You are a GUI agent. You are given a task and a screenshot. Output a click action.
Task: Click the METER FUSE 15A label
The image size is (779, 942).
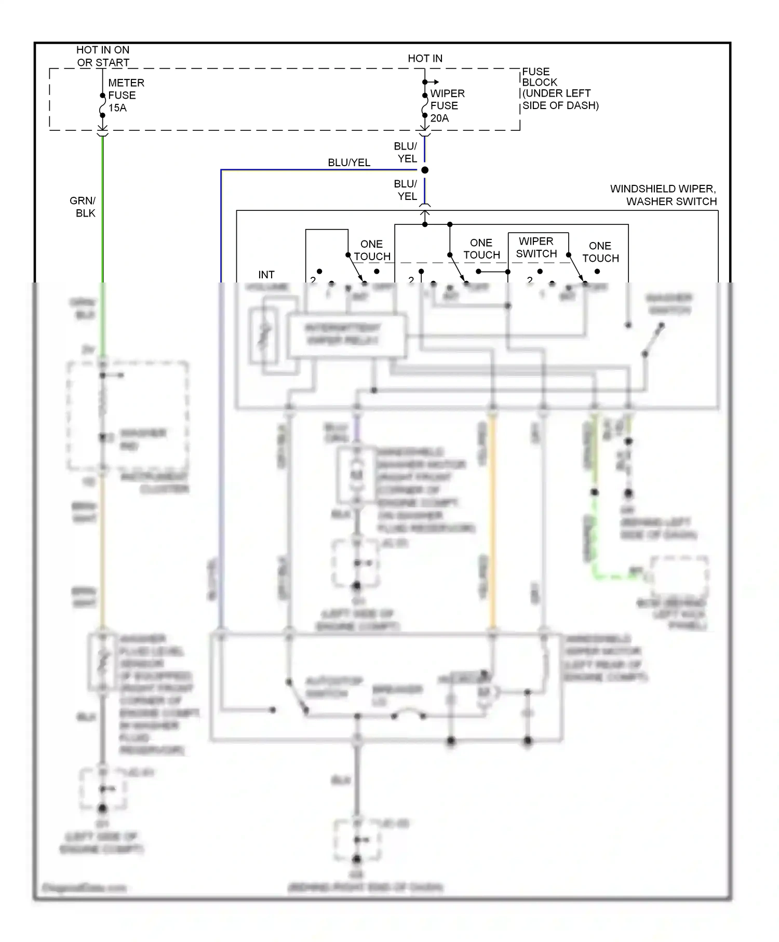tap(125, 96)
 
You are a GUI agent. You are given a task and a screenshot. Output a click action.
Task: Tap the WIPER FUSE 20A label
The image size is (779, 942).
tap(447, 106)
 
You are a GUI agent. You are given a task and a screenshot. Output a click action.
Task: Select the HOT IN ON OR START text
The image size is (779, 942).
tap(103, 56)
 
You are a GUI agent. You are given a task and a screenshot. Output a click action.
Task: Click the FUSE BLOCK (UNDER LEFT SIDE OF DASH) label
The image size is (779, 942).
tap(559, 88)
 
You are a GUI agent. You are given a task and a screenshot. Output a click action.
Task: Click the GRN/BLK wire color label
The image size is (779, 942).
tap(83, 207)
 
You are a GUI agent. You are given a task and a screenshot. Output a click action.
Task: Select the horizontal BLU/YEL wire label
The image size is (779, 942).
tap(349, 163)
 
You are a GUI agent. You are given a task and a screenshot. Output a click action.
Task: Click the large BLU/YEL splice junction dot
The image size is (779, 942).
tap(425, 170)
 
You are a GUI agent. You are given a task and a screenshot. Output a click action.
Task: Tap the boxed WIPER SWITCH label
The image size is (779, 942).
tap(536, 247)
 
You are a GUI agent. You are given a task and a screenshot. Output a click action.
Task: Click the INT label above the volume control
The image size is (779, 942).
tap(266, 275)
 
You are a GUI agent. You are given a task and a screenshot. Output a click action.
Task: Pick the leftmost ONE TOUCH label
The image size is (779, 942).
tap(372, 250)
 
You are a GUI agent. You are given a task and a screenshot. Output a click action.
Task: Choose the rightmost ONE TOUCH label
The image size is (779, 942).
tap(600, 252)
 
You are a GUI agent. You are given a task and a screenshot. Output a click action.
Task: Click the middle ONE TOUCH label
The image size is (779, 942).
tap(481, 249)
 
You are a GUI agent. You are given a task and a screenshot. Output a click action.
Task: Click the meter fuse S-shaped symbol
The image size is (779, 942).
tap(103, 110)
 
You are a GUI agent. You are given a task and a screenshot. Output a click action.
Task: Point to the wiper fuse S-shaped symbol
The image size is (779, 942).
tap(425, 110)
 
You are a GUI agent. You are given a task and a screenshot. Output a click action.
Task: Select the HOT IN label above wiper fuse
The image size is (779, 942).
tap(425, 58)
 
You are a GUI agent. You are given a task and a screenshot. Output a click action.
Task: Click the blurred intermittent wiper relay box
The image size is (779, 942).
tap(347, 335)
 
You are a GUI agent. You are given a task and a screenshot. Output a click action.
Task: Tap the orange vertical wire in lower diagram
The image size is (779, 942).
tap(492, 519)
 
